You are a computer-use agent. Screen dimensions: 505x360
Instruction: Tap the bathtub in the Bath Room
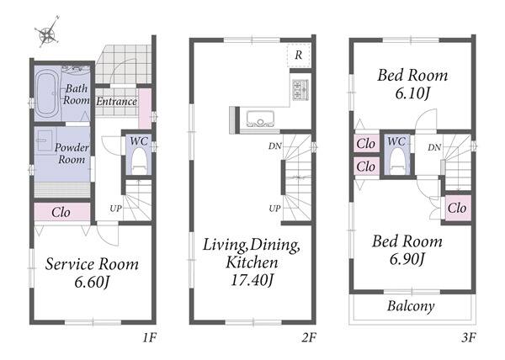point(47,94)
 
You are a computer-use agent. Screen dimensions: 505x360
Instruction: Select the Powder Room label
point(72,153)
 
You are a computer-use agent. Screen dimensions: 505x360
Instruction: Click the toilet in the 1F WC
point(139,161)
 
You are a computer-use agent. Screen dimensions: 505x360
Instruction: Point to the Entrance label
point(117,101)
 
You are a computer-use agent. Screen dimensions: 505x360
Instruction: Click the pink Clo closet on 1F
point(61,212)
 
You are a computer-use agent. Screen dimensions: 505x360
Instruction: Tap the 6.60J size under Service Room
point(92,283)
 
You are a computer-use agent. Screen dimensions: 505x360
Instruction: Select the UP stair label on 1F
point(115,209)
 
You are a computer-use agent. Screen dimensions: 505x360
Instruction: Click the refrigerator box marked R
point(299,55)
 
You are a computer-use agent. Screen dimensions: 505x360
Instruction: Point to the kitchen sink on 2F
point(260,119)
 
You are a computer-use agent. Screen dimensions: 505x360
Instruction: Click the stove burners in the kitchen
point(300,89)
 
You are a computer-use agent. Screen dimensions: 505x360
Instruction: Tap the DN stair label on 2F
point(274,146)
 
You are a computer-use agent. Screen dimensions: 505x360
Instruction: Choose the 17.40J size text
point(252,280)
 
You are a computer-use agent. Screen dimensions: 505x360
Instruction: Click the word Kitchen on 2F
point(252,262)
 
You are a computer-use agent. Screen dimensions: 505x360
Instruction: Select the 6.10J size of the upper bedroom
point(412,93)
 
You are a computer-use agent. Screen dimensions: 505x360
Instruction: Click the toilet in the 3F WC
point(396,162)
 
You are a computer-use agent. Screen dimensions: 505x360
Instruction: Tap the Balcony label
point(411,305)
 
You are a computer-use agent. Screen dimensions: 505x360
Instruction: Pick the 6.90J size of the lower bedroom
point(407,259)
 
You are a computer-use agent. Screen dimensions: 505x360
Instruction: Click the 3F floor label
point(468,337)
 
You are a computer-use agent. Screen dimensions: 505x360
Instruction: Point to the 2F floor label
point(309,337)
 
